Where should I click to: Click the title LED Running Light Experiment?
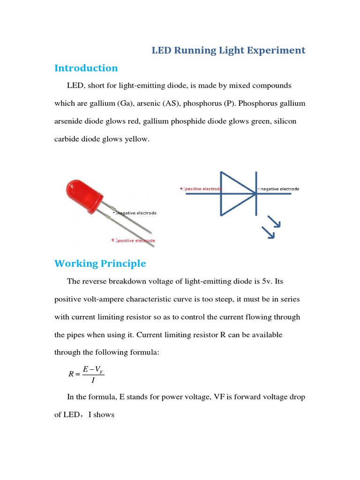[228, 50]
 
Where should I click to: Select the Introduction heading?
[86, 68]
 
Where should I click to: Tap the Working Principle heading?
[100, 263]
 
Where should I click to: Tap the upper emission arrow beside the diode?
[274, 222]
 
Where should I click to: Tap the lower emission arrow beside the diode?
[268, 232]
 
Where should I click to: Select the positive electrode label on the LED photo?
[133, 240]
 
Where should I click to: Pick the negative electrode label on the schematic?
[278, 189]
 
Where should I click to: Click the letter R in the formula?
[71, 374]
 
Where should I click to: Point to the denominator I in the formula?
[93, 380]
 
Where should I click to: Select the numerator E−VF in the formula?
[93, 370]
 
